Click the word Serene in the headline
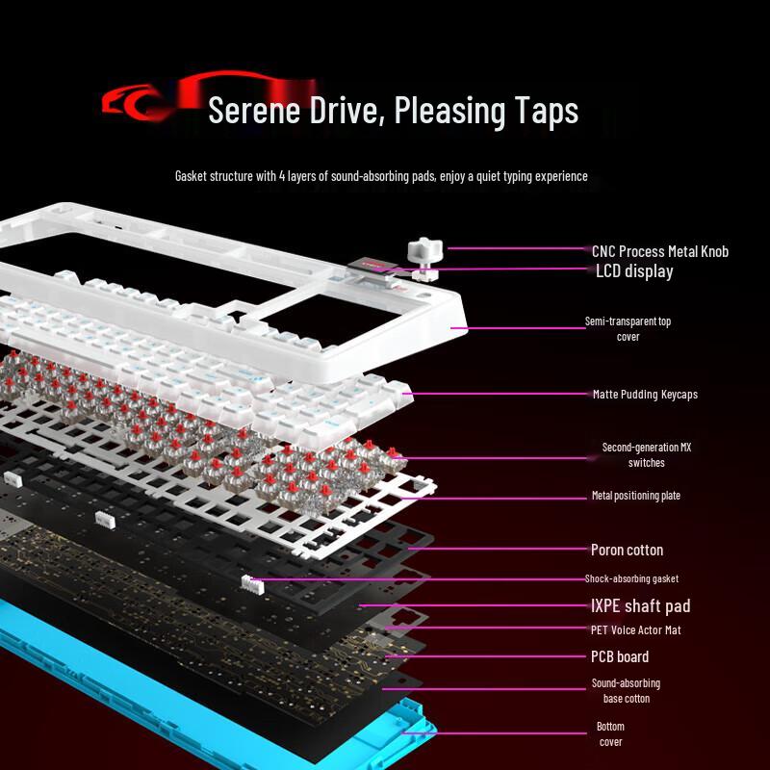pyautogui.click(x=252, y=111)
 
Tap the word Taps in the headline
pyautogui.click(x=544, y=111)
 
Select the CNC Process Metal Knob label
pyautogui.click(x=659, y=251)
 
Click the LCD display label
pyautogui.click(x=634, y=271)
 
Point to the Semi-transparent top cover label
pyautogui.click(x=628, y=328)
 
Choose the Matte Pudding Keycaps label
pyautogui.click(x=645, y=394)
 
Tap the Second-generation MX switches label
pyautogui.click(x=646, y=454)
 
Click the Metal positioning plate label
pyautogui.click(x=635, y=496)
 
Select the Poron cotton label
pyautogui.click(x=627, y=550)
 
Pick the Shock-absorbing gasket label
pyautogui.click(x=631, y=578)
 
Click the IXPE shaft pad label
pyautogui.click(x=640, y=605)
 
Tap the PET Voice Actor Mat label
pyautogui.click(x=636, y=630)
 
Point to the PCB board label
pyautogui.click(x=619, y=656)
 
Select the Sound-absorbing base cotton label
pyautogui.click(x=626, y=690)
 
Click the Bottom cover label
pyautogui.click(x=610, y=733)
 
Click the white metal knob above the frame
pyautogui.click(x=423, y=251)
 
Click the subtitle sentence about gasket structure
pyautogui.click(x=381, y=176)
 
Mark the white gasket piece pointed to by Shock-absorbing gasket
pyautogui.click(x=251, y=582)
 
